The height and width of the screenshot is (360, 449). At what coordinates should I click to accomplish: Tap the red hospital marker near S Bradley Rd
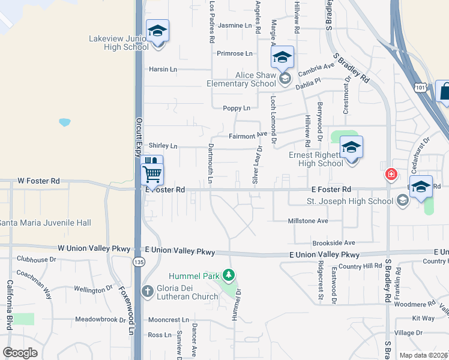tap(391, 175)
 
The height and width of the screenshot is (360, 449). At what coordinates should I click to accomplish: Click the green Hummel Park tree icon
tap(228, 275)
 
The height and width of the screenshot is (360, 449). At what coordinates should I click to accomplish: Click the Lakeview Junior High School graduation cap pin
tap(158, 31)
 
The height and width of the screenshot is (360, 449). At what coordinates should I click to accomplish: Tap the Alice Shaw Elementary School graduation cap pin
tap(282, 58)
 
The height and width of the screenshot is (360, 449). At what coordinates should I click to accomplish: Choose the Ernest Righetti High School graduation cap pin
tap(352, 147)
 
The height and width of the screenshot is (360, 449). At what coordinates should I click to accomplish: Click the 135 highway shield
tap(139, 262)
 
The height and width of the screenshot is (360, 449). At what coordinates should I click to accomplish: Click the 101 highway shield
tap(420, 88)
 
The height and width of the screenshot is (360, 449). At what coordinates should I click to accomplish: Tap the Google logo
tap(20, 353)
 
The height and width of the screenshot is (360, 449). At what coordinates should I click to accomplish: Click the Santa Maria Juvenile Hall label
tap(45, 223)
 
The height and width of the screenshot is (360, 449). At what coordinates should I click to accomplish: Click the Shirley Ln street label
tap(163, 146)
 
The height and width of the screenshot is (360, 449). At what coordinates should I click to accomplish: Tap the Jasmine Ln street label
tap(235, 26)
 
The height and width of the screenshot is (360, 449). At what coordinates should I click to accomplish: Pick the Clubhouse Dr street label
tap(36, 259)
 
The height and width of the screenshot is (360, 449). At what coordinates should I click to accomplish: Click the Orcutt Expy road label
tap(139, 138)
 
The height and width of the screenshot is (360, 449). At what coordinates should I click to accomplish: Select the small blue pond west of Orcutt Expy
tap(65, 122)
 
